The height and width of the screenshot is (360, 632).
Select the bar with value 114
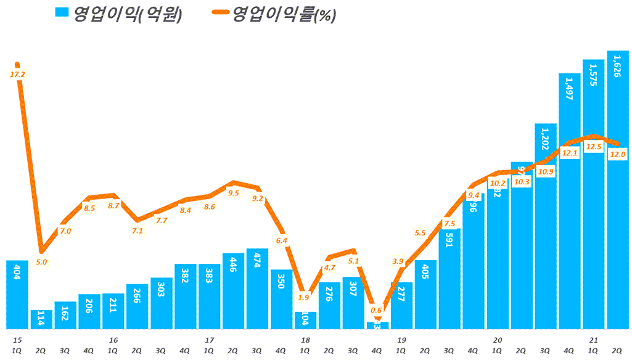click(x=41, y=319)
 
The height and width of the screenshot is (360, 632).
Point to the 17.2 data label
click(x=17, y=75)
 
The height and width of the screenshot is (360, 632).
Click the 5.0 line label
click(x=41, y=262)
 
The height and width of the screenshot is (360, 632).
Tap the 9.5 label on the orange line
click(x=233, y=193)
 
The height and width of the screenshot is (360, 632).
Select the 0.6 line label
click(x=377, y=310)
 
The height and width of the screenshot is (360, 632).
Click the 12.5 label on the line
click(x=594, y=147)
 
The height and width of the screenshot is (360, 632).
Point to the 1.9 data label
click(x=304, y=298)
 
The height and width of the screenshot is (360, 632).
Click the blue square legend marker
click(x=62, y=14)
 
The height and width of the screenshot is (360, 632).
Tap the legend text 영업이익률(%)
click(x=284, y=15)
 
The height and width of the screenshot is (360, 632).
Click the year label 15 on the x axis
click(x=17, y=340)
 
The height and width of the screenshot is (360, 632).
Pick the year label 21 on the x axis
click(x=594, y=340)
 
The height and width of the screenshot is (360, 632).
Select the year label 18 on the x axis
click(x=305, y=340)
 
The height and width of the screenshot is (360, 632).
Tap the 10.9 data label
click(x=546, y=171)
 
